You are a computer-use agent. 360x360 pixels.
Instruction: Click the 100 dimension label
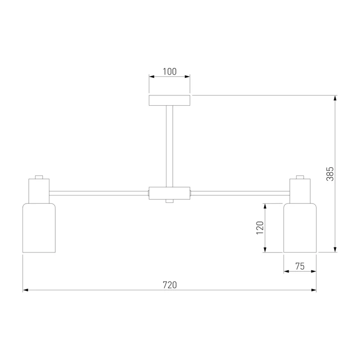pos(170,72)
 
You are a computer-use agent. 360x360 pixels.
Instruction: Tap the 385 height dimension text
pos(330,174)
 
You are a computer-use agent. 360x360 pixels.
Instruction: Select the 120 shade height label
pos(260,228)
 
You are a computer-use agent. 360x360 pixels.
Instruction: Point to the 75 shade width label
pos(300,266)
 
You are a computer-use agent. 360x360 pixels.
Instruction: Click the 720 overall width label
pos(170,285)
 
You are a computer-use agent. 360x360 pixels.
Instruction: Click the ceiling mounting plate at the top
pos(170,100)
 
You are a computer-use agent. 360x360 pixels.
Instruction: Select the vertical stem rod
pos(170,146)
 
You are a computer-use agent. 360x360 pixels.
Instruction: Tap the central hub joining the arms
pos(170,193)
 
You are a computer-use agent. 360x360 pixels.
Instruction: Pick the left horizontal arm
pos(99,193)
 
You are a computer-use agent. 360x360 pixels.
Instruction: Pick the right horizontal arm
pos(240,193)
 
